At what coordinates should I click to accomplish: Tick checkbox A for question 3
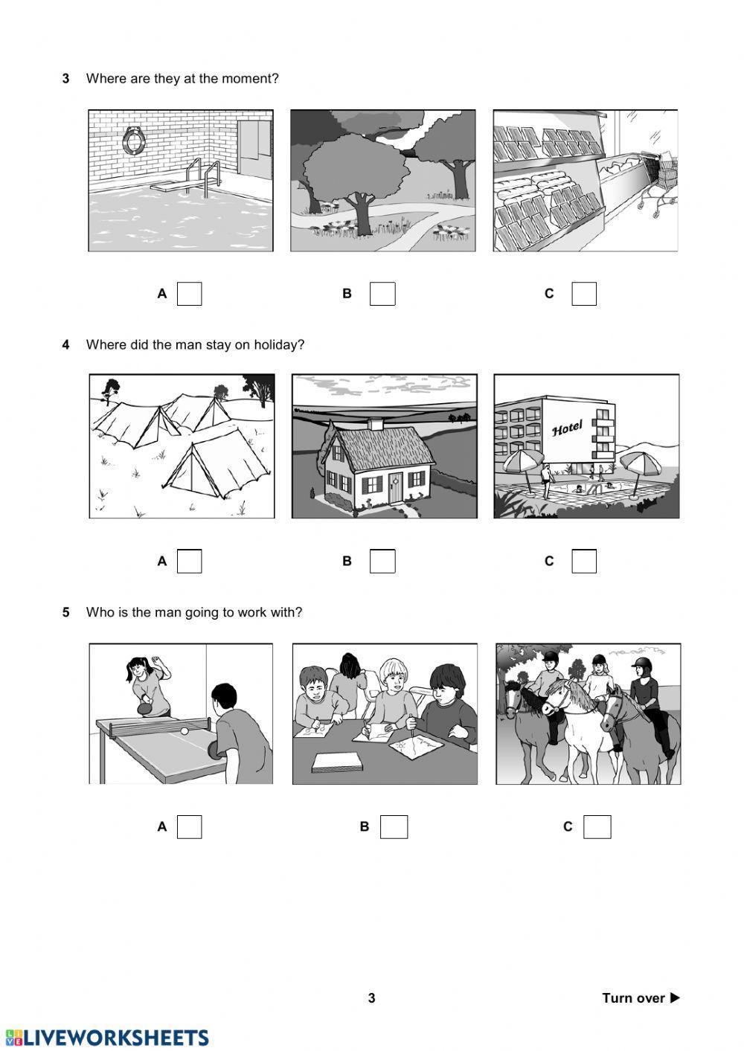point(189,294)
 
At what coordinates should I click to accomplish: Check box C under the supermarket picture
point(584,294)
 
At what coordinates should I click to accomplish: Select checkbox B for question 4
point(382,561)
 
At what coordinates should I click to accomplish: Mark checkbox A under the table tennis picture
point(189,826)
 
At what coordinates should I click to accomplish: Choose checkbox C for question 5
point(597,826)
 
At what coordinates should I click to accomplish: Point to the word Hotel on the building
point(567,428)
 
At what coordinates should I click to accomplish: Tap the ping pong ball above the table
point(185,731)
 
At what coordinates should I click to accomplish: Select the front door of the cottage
point(395,488)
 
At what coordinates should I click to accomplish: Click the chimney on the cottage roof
point(376,424)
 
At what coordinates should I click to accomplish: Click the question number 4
point(65,345)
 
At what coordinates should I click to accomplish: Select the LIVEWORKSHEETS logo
point(107,1038)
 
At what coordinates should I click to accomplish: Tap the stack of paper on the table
point(336,762)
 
